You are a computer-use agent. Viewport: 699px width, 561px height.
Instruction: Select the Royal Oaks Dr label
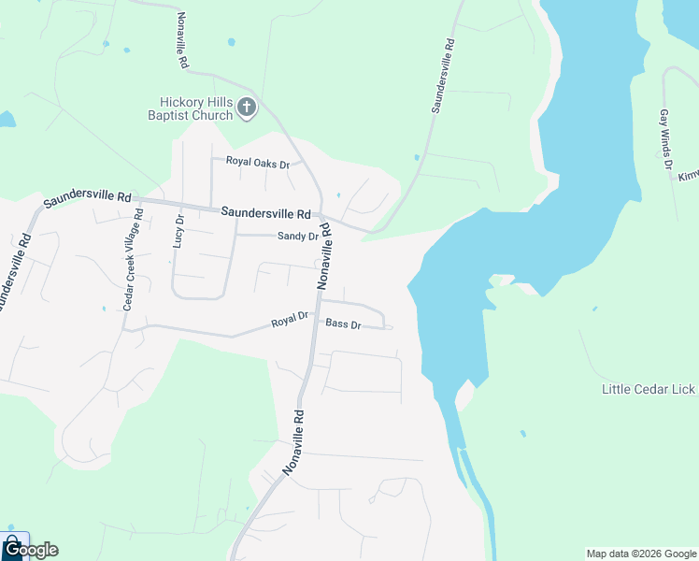point(258,163)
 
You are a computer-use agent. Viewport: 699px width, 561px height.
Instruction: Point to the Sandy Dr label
point(298,237)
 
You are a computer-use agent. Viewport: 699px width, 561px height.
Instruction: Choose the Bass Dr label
point(343,324)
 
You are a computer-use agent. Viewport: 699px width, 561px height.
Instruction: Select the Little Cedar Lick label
point(649,389)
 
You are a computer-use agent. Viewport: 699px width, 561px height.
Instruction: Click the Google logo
point(31,550)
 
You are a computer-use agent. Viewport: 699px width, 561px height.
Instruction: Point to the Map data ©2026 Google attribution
point(641,554)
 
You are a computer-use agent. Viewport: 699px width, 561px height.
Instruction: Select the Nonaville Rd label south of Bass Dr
point(292,441)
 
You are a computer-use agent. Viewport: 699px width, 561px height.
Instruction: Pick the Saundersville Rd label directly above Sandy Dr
point(265,212)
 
